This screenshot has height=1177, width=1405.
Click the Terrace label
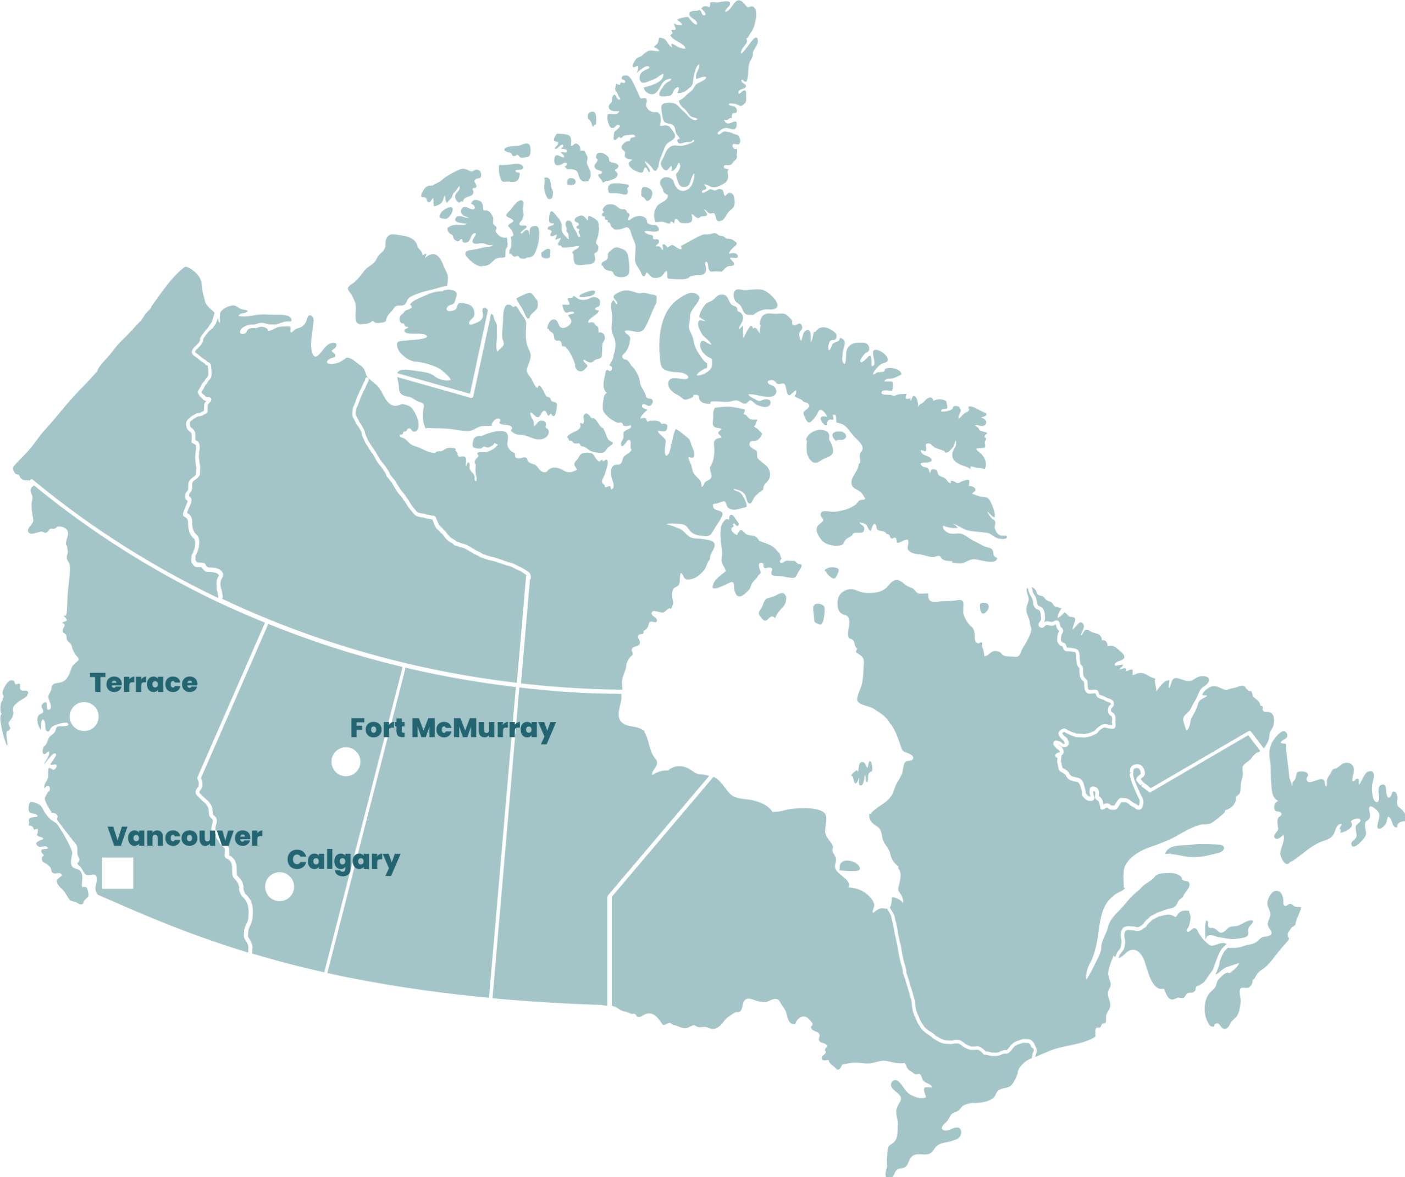point(144,683)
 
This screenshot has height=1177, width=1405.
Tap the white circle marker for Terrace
point(84,716)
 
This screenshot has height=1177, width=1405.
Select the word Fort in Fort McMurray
point(377,728)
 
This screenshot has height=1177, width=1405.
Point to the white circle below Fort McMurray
point(346,762)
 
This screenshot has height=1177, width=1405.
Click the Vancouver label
point(185,837)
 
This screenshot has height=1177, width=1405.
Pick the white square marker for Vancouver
point(118,873)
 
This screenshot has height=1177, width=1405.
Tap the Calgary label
point(343,860)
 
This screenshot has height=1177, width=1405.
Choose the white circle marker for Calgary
point(280,887)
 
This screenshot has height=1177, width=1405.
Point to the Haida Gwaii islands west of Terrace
point(10,706)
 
